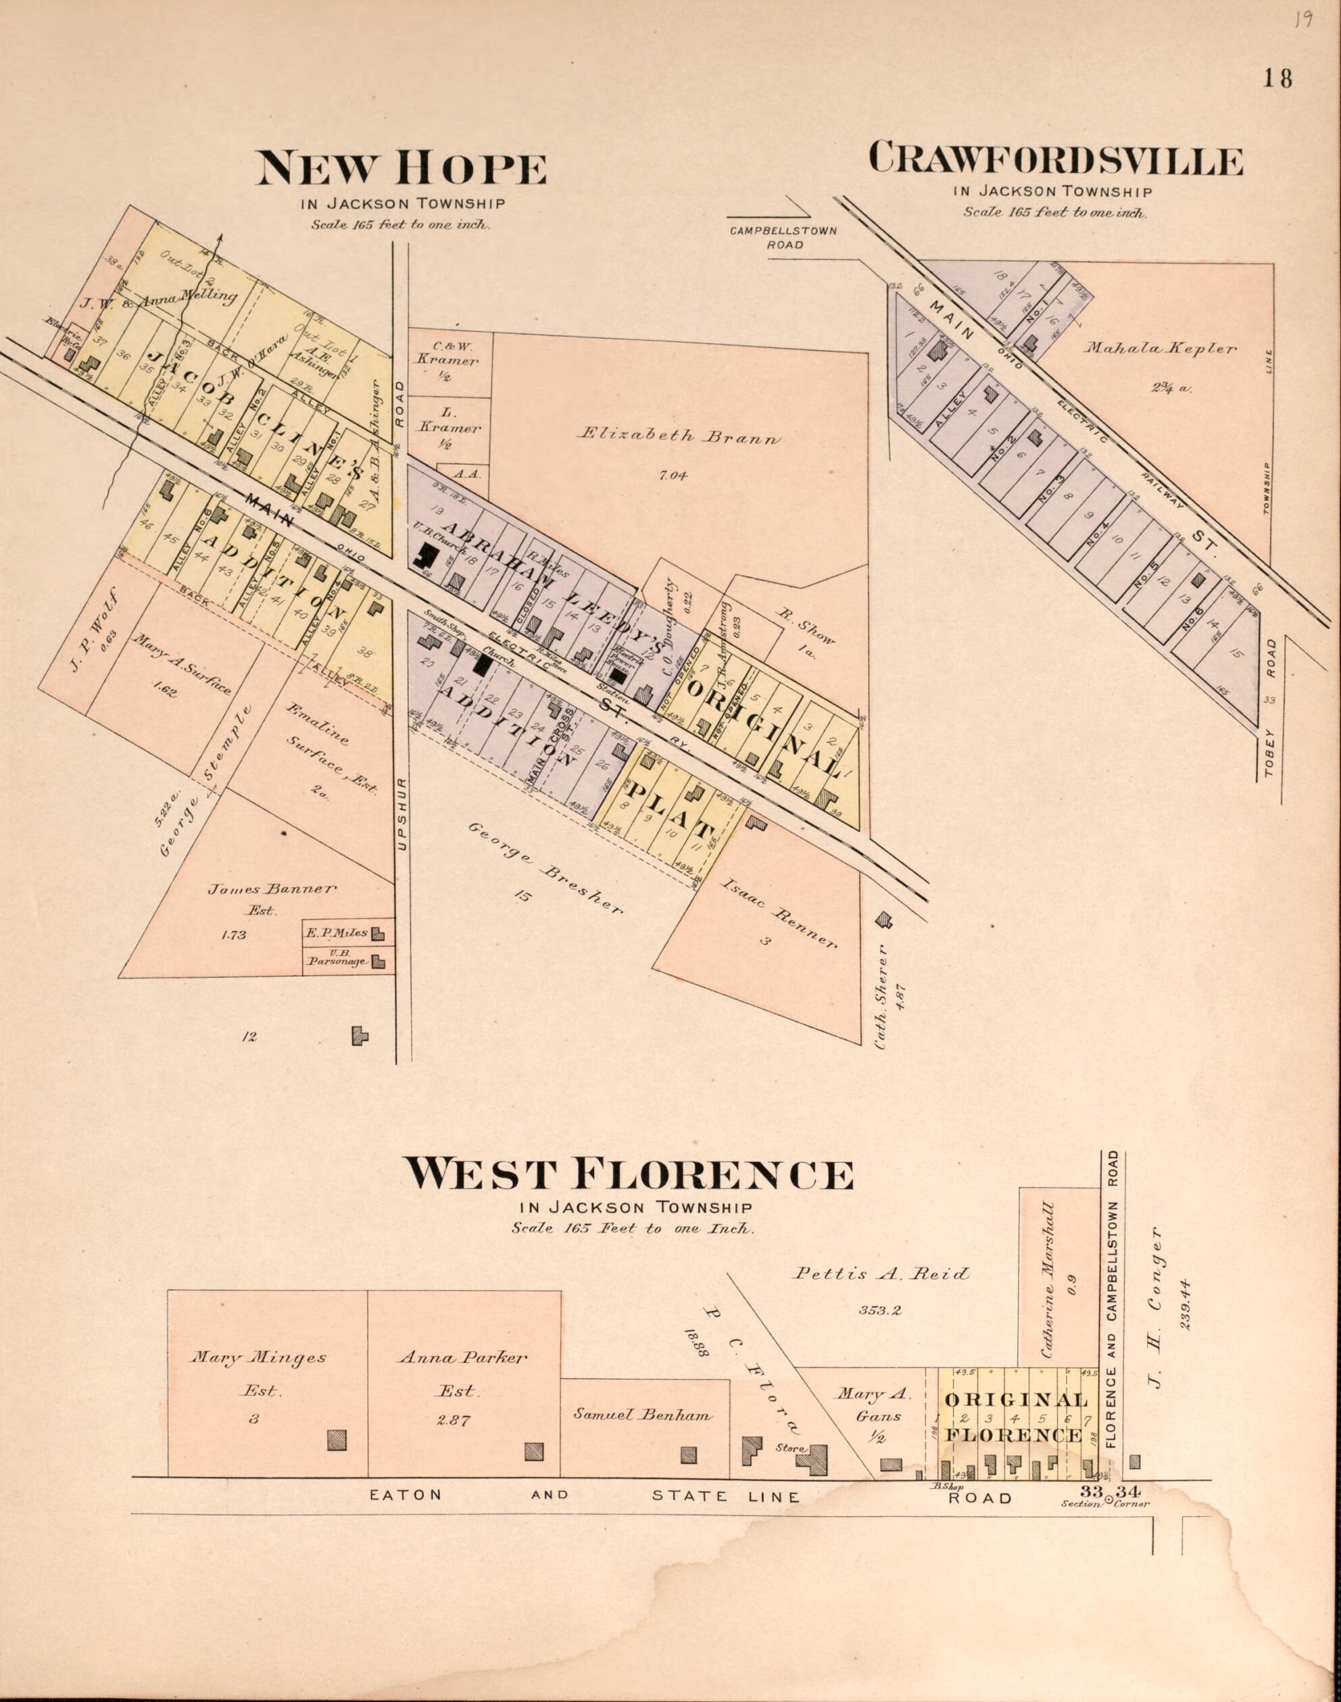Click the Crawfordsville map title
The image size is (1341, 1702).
pyautogui.click(x=1055, y=159)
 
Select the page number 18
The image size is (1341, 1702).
pyautogui.click(x=1278, y=78)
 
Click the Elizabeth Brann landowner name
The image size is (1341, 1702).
pyautogui.click(x=680, y=436)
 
